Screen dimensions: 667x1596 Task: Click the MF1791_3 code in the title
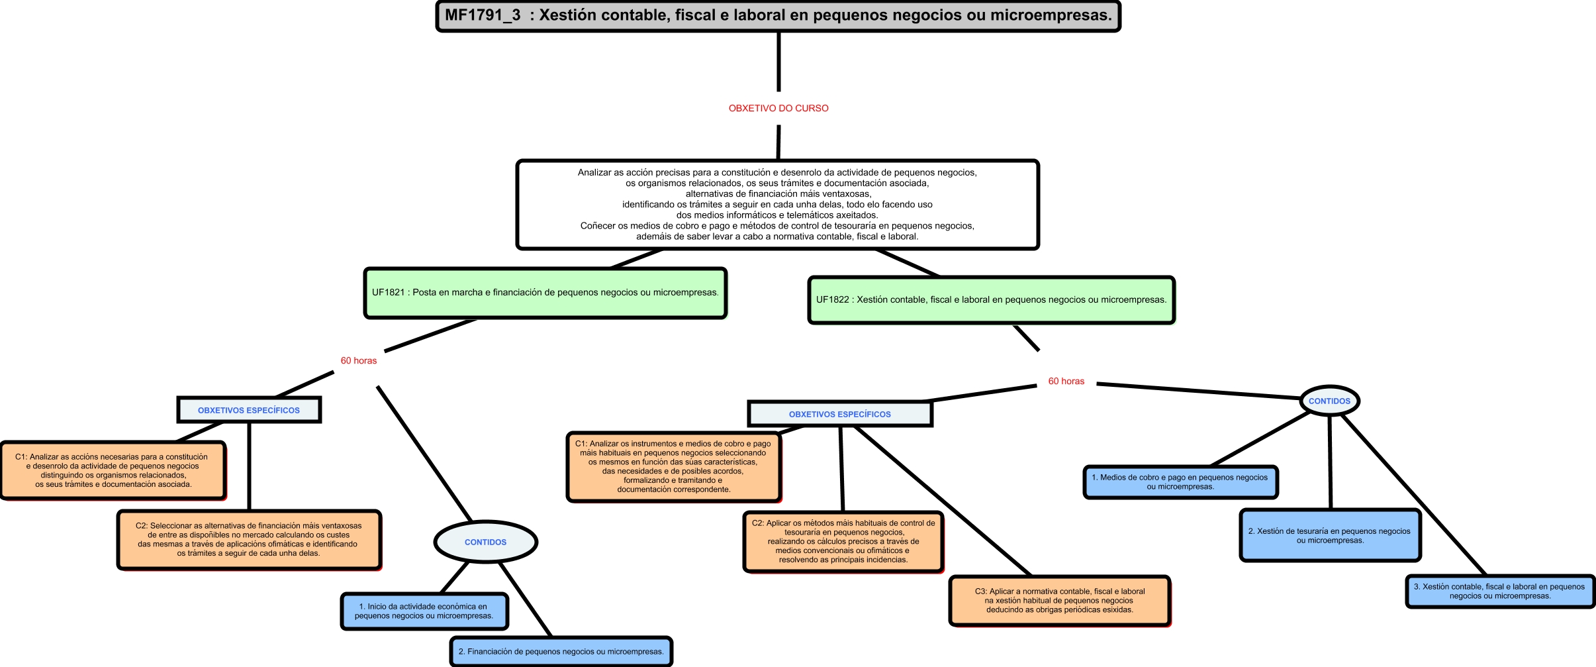483,15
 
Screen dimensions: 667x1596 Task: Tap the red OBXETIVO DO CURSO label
778,108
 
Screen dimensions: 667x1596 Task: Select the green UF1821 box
545,293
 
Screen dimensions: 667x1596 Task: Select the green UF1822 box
991,300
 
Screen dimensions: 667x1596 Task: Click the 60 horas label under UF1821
359,361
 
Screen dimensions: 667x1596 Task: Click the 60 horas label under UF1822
1066,382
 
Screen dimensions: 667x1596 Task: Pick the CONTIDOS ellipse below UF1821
485,542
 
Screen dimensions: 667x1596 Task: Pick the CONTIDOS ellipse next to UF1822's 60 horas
1329,401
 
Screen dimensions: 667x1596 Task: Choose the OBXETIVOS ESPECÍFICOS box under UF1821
249,410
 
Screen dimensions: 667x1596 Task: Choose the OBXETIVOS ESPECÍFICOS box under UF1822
839,414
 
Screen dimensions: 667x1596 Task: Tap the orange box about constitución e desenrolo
113,470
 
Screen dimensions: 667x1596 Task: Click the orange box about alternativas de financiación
249,539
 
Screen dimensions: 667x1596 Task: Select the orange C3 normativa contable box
1059,600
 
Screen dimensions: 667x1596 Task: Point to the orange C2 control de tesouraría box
843,541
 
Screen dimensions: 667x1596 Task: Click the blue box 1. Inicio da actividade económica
424,611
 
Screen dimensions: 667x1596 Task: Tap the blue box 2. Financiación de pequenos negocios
561,652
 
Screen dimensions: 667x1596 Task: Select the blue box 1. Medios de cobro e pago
1180,482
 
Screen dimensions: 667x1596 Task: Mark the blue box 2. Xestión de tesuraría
1330,535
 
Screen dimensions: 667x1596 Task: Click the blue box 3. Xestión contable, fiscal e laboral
1499,591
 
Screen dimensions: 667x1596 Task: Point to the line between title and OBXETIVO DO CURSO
778,62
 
